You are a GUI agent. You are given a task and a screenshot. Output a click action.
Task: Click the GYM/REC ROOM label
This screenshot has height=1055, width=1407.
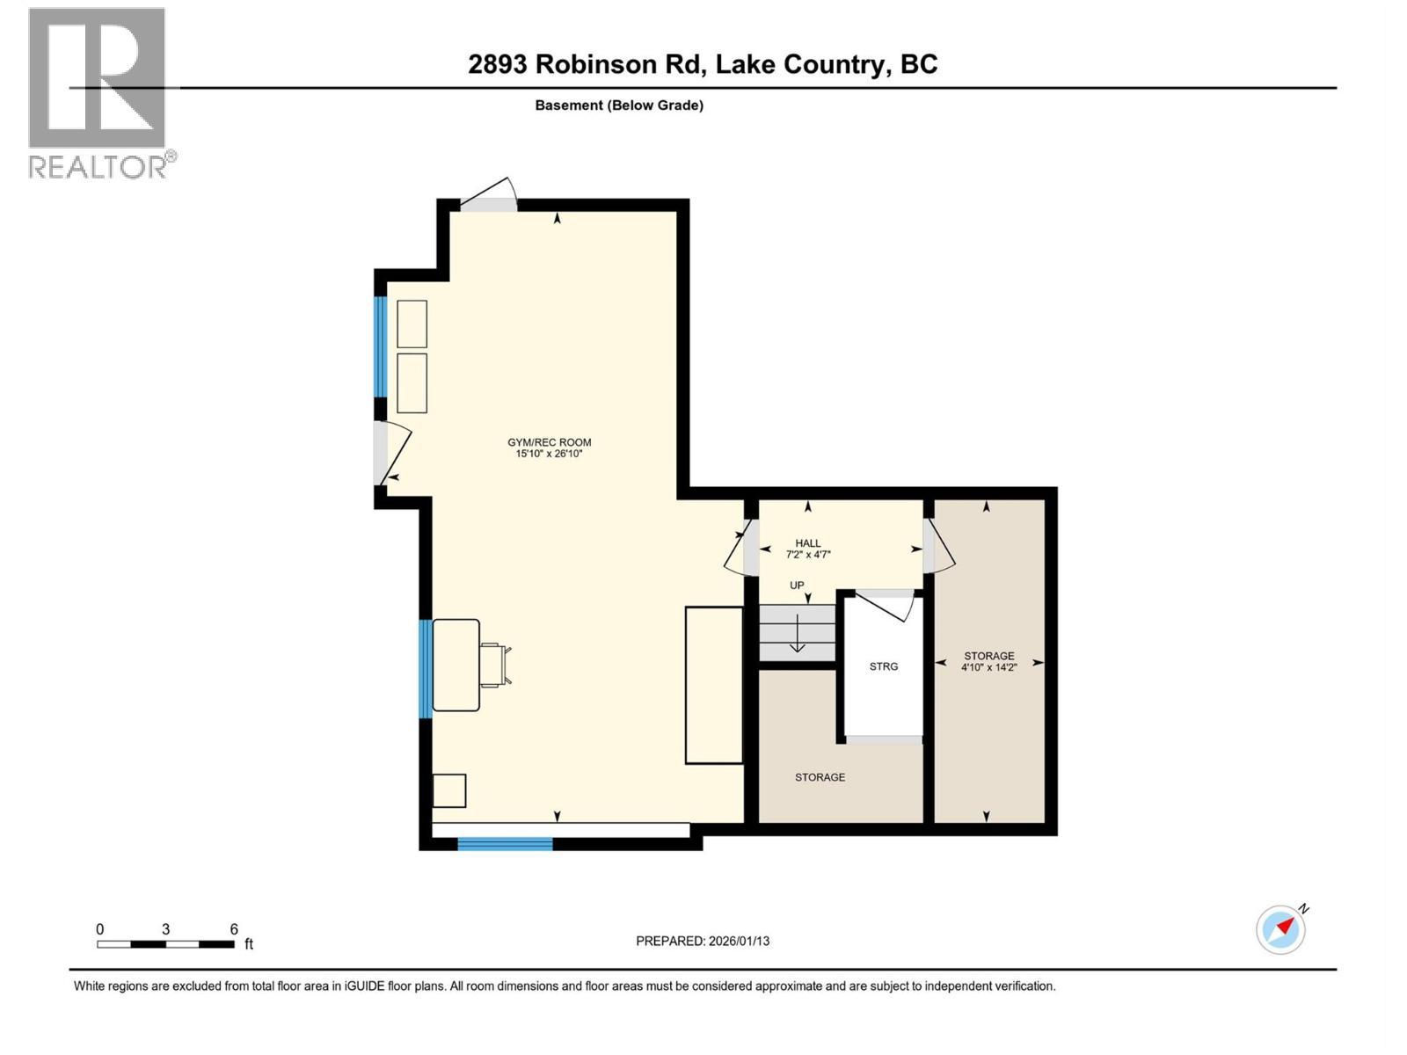pyautogui.click(x=549, y=442)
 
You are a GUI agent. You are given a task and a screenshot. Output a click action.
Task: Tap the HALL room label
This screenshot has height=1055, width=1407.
pyautogui.click(x=807, y=543)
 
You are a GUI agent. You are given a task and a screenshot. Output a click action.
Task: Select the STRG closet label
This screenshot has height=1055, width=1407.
pyautogui.click(x=883, y=666)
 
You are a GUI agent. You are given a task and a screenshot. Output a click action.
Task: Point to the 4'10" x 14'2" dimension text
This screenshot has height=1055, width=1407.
pyautogui.click(x=988, y=667)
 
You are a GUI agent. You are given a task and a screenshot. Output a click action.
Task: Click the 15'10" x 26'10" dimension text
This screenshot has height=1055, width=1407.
pyautogui.click(x=549, y=454)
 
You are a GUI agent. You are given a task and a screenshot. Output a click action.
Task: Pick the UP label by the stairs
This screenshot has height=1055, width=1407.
pyautogui.click(x=797, y=586)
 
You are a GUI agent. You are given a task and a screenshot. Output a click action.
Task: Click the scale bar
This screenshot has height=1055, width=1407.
pyautogui.click(x=165, y=944)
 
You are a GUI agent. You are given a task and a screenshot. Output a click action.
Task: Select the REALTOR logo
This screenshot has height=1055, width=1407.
pyautogui.click(x=98, y=92)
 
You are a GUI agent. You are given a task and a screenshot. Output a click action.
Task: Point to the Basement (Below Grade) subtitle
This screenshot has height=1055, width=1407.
pyautogui.click(x=619, y=105)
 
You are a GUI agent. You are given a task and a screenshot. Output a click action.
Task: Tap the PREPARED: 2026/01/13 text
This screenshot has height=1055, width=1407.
pyautogui.click(x=702, y=941)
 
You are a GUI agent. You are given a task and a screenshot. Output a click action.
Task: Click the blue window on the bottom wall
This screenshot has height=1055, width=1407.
pyautogui.click(x=505, y=844)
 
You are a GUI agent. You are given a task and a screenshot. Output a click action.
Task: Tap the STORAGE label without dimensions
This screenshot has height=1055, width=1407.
pyautogui.click(x=820, y=777)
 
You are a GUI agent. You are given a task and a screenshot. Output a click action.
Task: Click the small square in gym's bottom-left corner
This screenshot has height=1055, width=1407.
pyautogui.click(x=449, y=790)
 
